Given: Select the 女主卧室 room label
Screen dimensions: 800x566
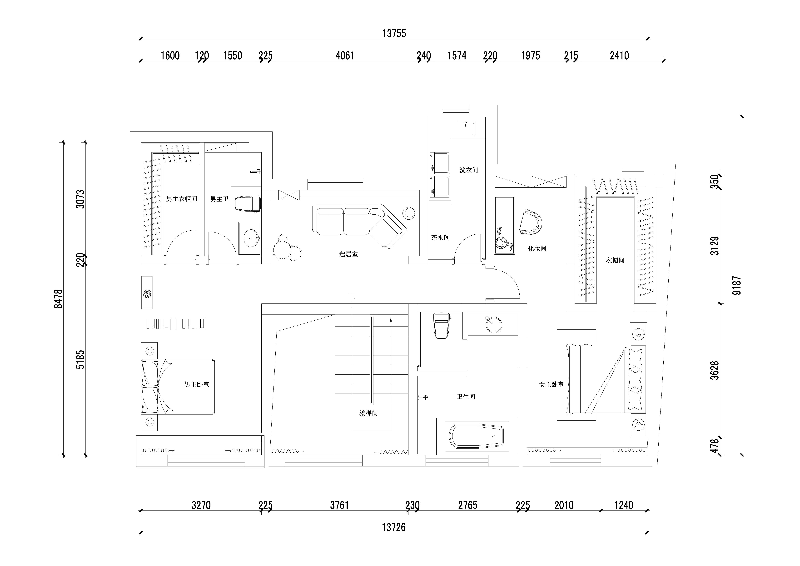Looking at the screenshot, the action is point(551,384).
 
